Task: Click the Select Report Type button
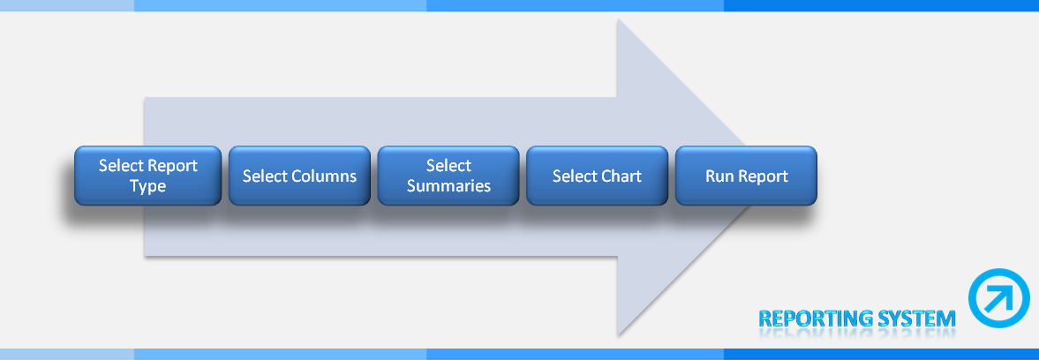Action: coord(147,176)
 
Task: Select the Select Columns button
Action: coord(299,176)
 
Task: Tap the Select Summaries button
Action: coord(448,176)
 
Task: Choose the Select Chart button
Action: coord(597,176)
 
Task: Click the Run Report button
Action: coord(746,176)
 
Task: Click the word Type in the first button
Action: coord(147,187)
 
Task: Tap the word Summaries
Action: coord(448,186)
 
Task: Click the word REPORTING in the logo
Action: coord(816,319)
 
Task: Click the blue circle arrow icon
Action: coord(998,298)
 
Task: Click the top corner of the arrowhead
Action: coord(618,19)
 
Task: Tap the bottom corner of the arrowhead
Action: coord(618,334)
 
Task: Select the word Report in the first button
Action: coord(172,166)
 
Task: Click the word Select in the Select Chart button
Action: coord(573,176)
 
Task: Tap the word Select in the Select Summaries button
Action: coord(448,166)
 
